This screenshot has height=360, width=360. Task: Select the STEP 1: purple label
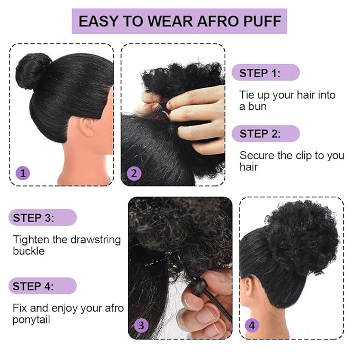click(x=260, y=73)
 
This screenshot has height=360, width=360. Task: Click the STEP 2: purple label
click(x=260, y=134)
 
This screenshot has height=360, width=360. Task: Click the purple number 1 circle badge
click(x=22, y=173)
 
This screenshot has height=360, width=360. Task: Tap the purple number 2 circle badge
click(x=134, y=173)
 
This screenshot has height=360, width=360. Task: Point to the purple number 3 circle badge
click(x=141, y=326)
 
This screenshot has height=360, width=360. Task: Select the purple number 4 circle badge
click(x=252, y=326)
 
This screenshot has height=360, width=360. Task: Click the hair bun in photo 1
click(x=33, y=71)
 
